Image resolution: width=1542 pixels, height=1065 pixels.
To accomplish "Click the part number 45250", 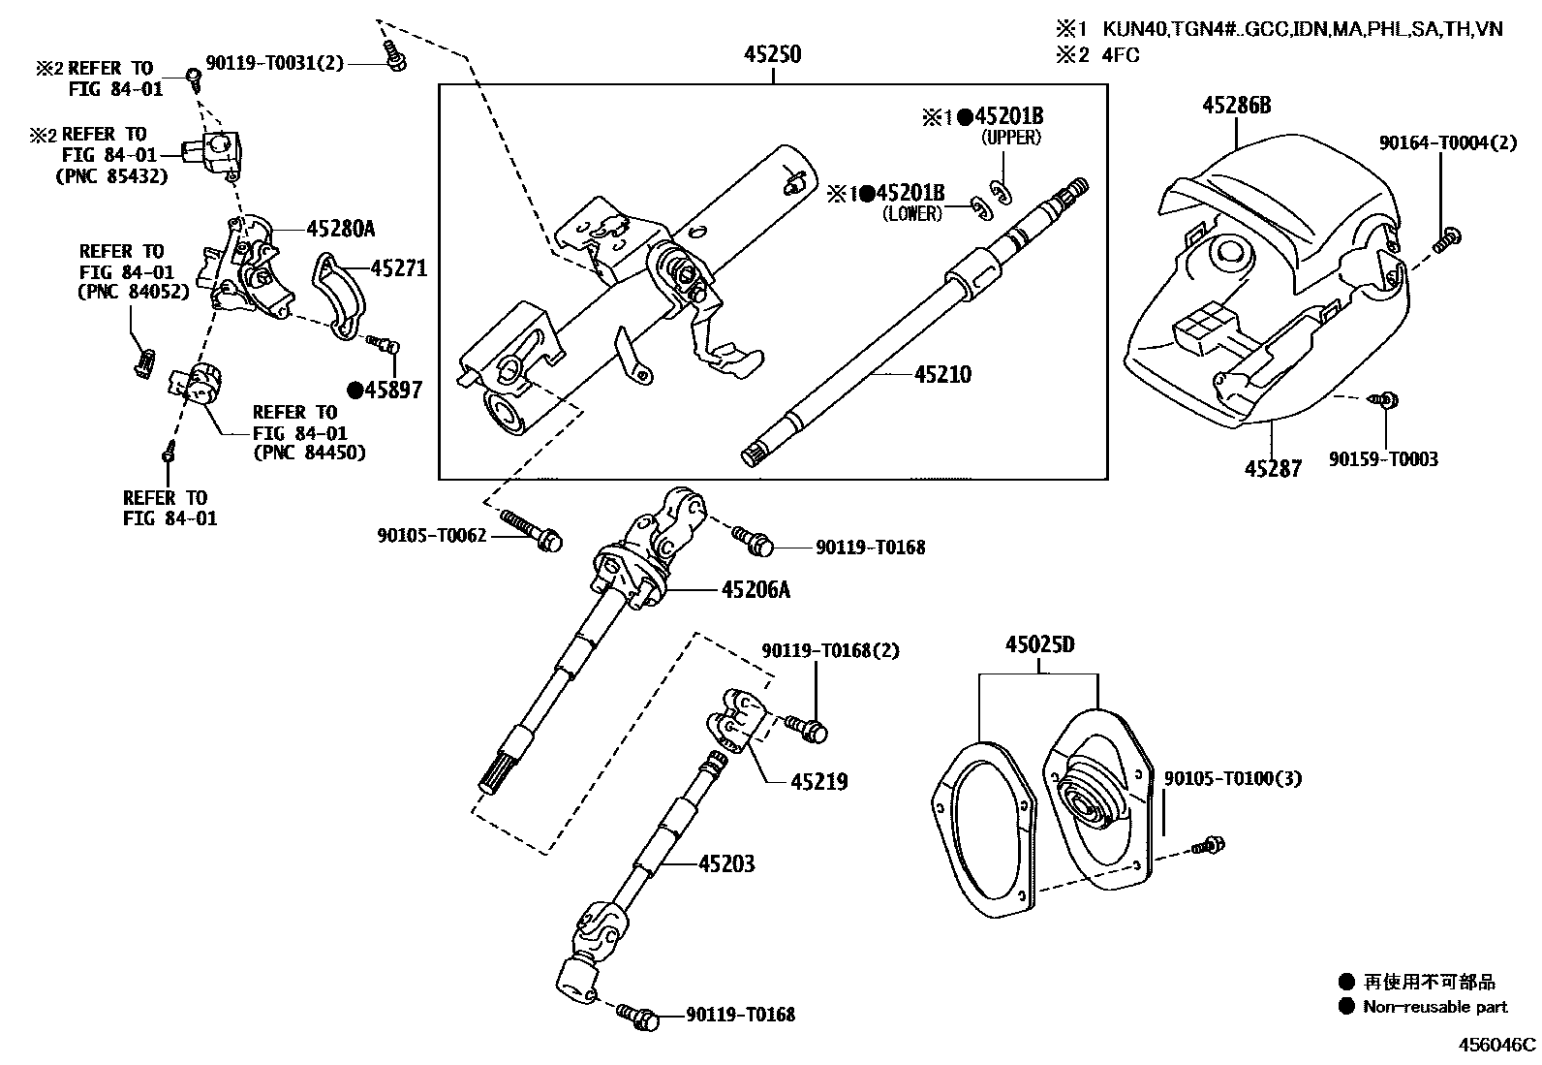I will (x=772, y=54).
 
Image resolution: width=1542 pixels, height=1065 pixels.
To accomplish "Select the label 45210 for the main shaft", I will (x=941, y=374).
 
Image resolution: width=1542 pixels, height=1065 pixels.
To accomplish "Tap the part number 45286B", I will (x=1236, y=105).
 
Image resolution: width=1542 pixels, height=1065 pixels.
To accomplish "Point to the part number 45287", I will (x=1273, y=469).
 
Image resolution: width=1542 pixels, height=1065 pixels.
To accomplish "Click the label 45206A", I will (x=756, y=588).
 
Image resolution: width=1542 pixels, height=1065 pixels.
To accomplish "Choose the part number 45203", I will (x=725, y=862).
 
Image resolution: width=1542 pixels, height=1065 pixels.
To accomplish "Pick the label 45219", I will (x=818, y=781).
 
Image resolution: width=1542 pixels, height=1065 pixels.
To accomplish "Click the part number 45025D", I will (x=1039, y=644).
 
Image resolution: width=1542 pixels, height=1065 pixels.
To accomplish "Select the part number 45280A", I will (x=340, y=229).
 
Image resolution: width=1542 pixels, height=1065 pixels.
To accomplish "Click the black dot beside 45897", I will (x=355, y=390).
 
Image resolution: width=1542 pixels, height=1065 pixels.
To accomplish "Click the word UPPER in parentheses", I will (x=1011, y=138).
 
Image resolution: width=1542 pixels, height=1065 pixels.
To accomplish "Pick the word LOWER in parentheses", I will (x=911, y=215).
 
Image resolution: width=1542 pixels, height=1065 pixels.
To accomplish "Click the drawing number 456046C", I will (x=1497, y=1045).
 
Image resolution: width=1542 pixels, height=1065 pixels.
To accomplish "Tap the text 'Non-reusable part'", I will (x=1434, y=1007).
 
